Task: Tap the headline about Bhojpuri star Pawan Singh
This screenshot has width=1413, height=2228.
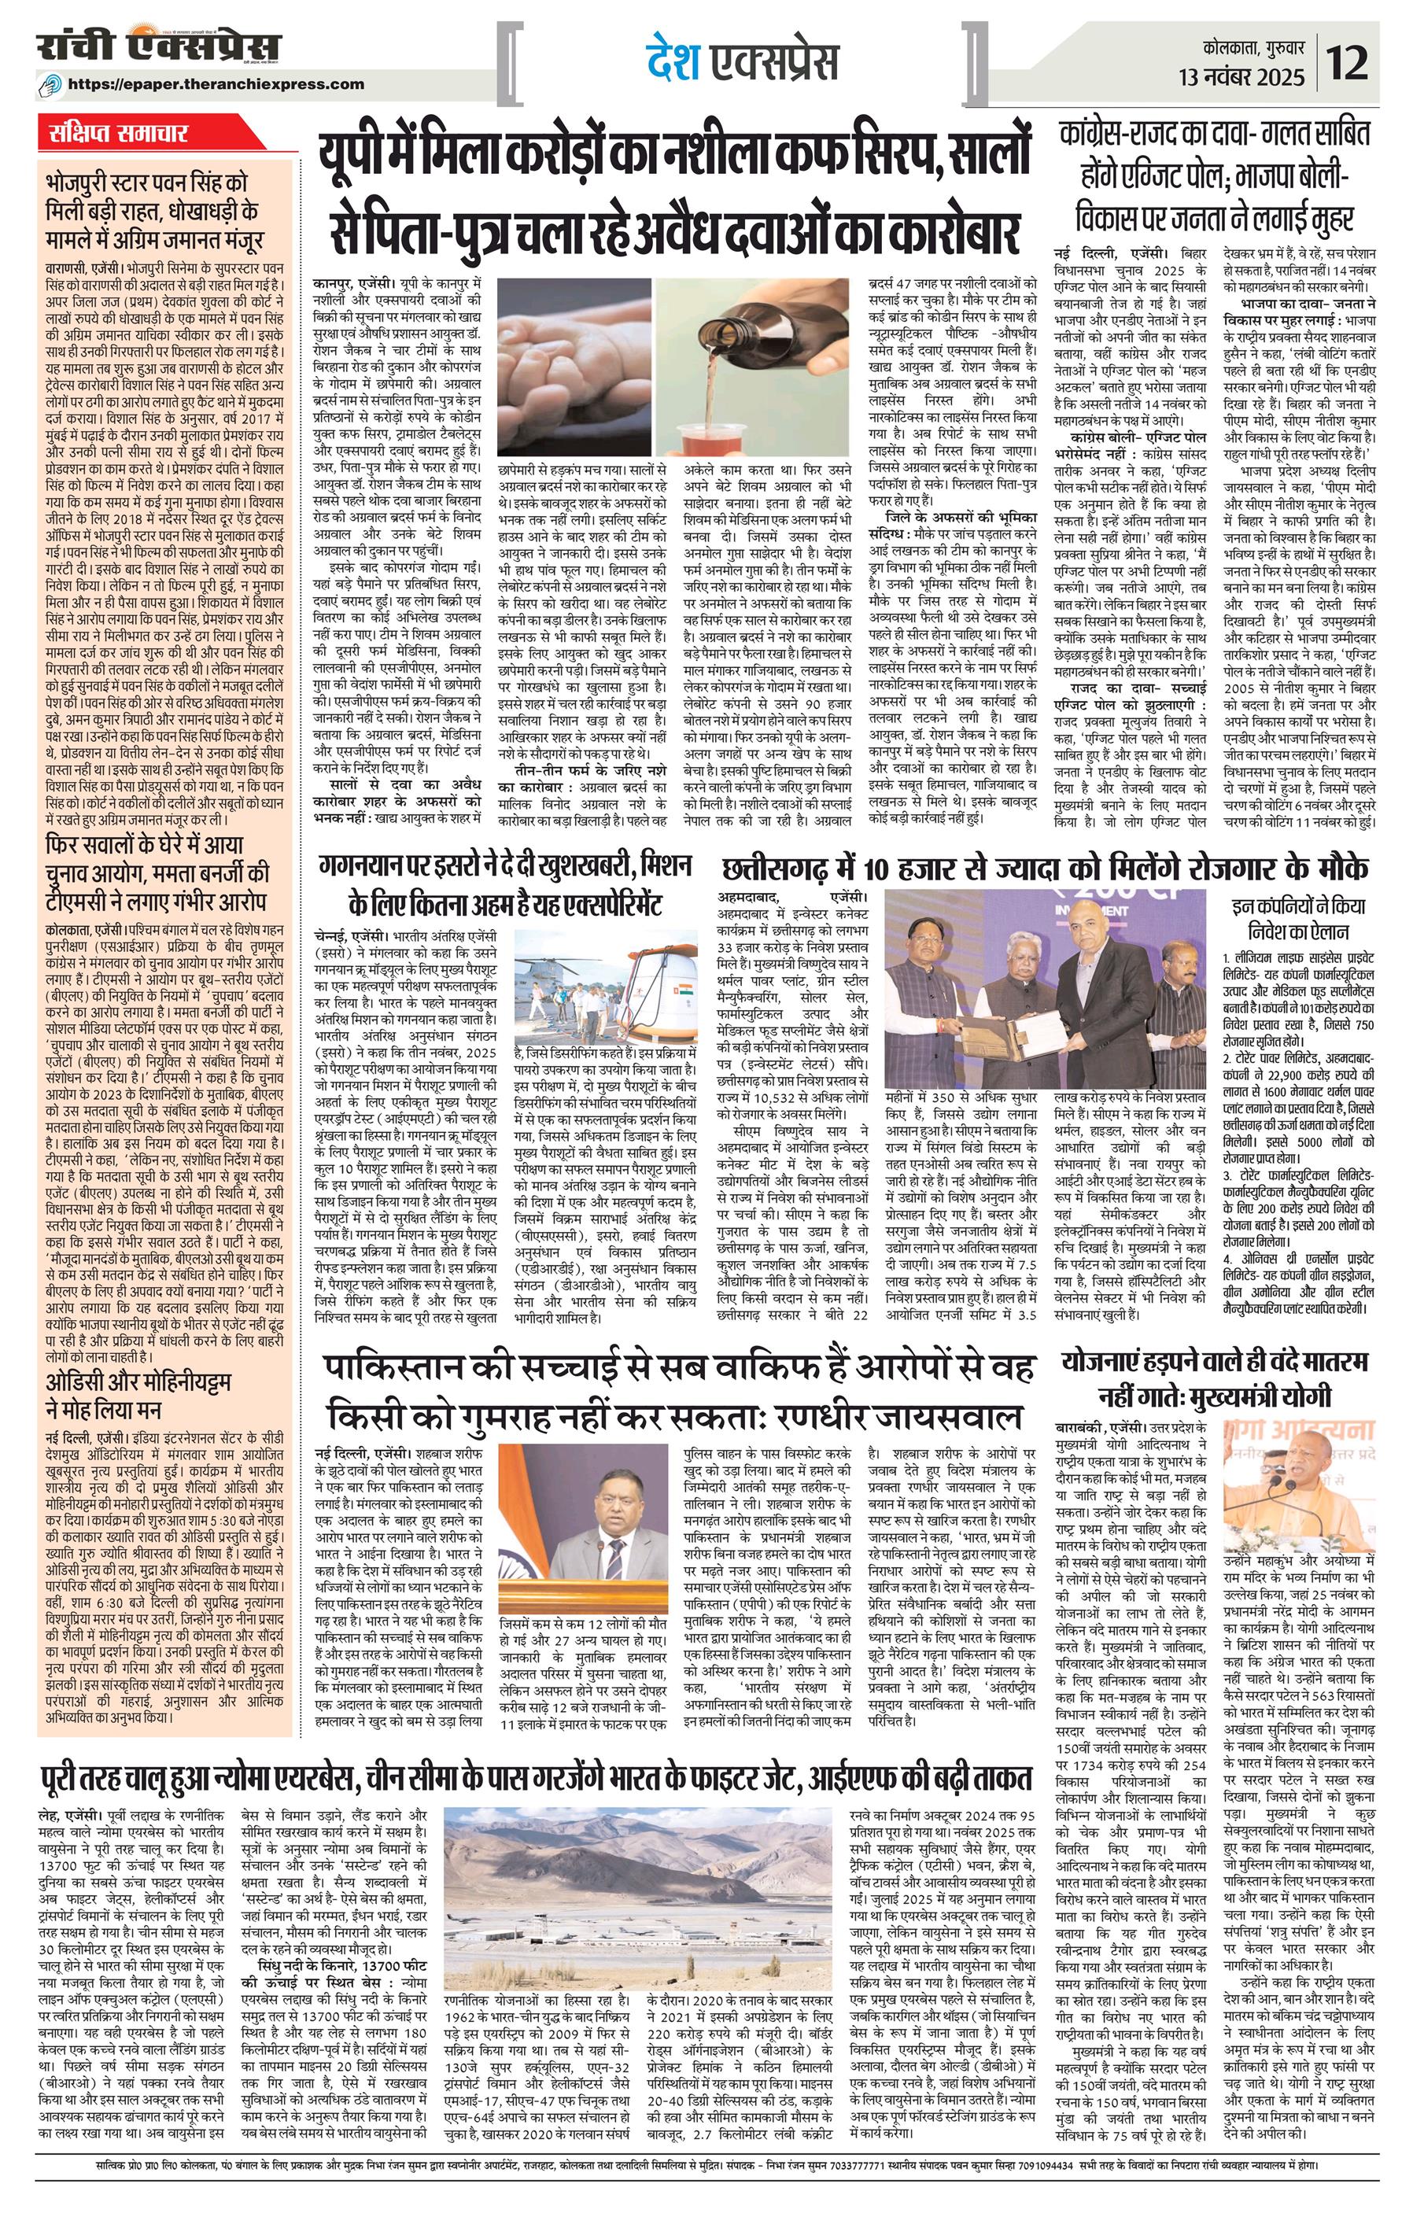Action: [x=153, y=211]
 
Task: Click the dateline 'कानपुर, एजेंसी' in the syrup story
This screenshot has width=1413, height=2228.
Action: [x=348, y=284]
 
